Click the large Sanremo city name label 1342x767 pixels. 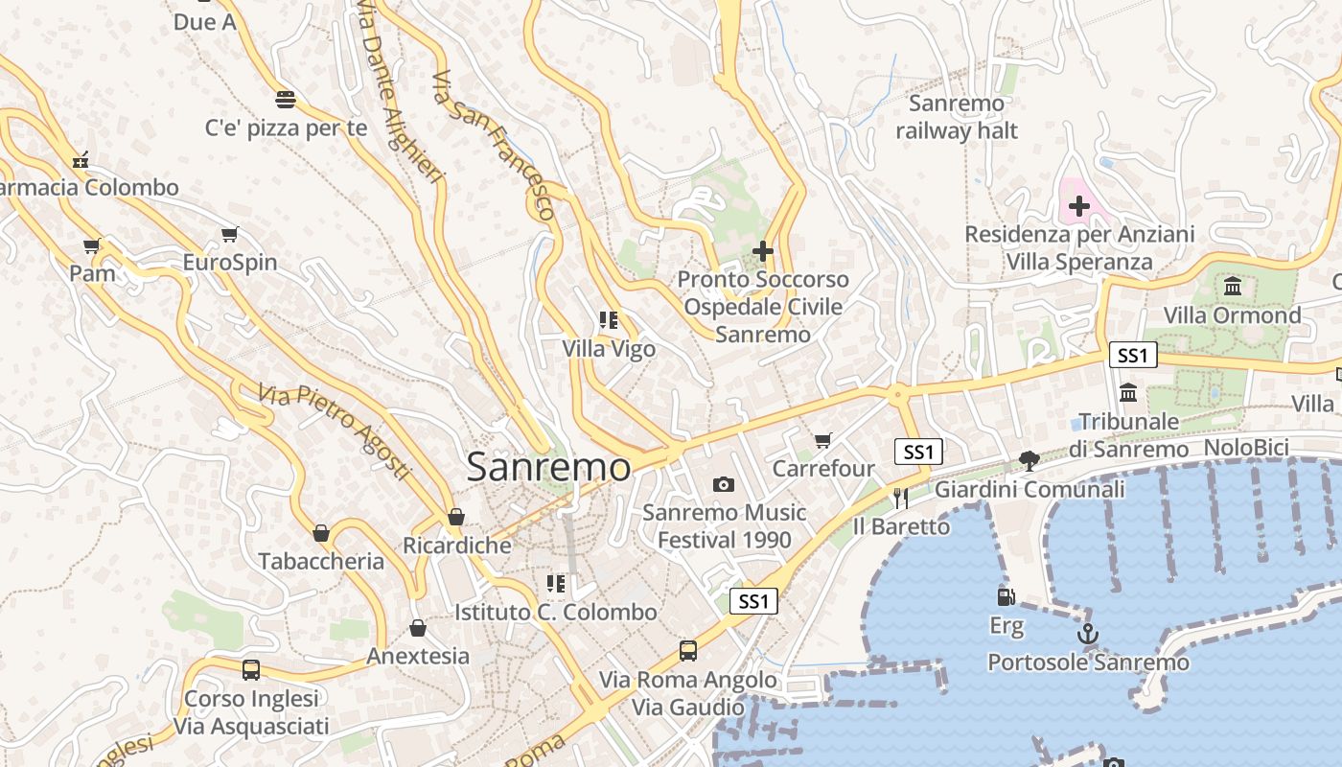[548, 468]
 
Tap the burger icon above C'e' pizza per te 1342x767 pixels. [285, 99]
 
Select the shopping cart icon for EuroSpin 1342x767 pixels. [229, 234]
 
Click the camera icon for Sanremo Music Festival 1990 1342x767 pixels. [724, 485]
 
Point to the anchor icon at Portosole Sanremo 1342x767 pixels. [1087, 634]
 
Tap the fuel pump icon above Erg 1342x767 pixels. [1006, 597]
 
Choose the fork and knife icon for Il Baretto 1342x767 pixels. [900, 498]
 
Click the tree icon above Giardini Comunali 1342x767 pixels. [1030, 461]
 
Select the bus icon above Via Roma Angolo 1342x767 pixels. [687, 651]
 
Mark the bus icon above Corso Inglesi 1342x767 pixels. [251, 670]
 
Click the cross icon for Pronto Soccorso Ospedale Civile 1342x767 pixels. [763, 251]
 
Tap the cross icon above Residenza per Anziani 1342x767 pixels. [1079, 206]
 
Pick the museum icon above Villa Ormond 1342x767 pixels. [1233, 287]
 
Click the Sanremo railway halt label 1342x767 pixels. [957, 117]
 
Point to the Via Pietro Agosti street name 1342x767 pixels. [335, 431]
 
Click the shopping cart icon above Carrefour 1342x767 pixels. [822, 440]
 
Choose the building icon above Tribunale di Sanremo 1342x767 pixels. [1128, 393]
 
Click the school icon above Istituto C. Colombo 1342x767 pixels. [555, 583]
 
